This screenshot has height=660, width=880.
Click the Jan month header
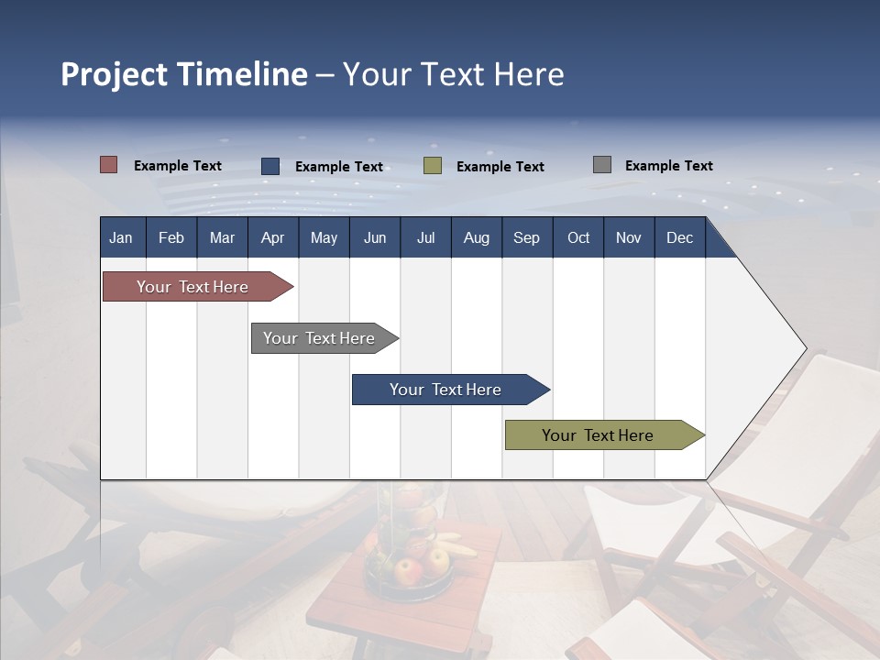click(121, 238)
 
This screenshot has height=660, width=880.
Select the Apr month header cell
click(272, 238)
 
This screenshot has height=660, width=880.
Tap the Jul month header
click(425, 238)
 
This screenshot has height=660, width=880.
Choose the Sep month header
click(526, 238)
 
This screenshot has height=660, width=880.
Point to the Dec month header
click(679, 238)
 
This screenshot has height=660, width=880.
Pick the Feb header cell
click(171, 238)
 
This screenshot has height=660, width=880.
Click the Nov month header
click(628, 238)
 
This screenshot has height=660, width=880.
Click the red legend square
click(108, 165)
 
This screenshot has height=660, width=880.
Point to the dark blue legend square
click(270, 166)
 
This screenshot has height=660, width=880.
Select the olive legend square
click(433, 166)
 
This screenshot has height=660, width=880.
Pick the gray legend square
click(602, 165)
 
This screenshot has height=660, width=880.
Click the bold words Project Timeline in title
click(184, 74)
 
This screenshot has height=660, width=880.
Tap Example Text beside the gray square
click(668, 166)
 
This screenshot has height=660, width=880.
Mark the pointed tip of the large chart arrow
click(805, 348)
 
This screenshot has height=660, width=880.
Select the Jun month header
click(375, 238)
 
